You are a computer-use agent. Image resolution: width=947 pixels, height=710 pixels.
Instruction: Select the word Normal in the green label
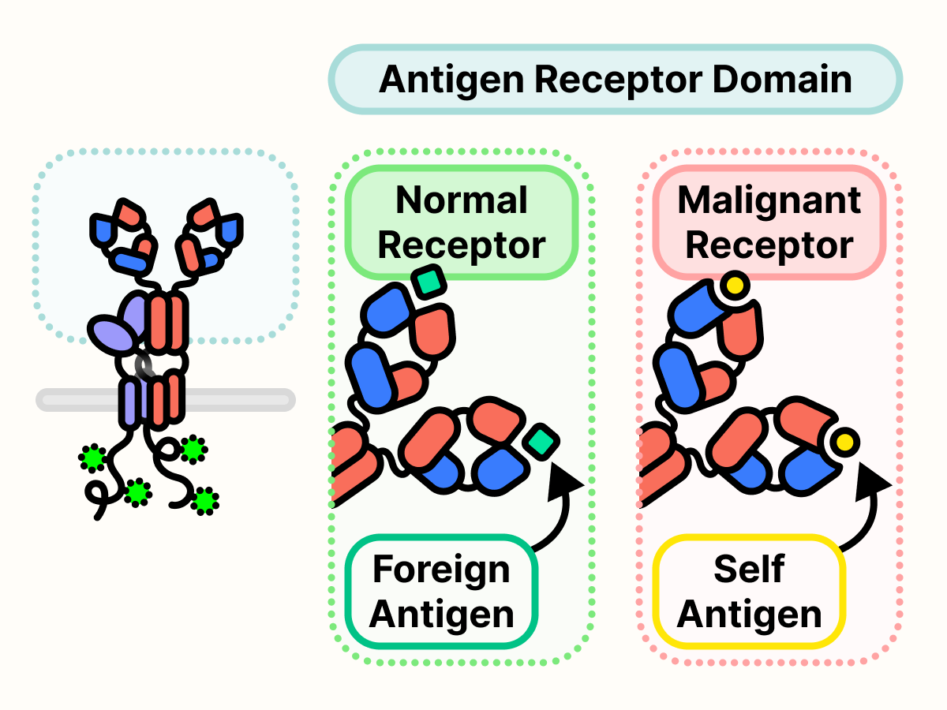[462, 200]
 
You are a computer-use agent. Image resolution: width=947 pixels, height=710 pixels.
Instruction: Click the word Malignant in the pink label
[769, 200]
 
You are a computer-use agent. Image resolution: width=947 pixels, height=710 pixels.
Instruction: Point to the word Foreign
[441, 570]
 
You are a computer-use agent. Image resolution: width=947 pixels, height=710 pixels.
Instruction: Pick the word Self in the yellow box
[749, 570]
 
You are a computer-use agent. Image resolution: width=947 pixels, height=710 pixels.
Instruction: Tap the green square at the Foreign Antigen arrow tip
[542, 441]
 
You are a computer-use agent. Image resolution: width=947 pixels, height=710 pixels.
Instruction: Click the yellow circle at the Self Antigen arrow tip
[844, 443]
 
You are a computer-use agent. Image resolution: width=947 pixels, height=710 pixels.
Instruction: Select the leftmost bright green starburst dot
[93, 457]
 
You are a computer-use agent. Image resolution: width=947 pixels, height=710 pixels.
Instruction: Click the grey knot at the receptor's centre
[146, 364]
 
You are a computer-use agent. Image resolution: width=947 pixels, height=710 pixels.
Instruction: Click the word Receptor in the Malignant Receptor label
[769, 245]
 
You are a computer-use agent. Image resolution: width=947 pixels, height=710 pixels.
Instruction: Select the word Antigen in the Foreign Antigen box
[441, 615]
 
